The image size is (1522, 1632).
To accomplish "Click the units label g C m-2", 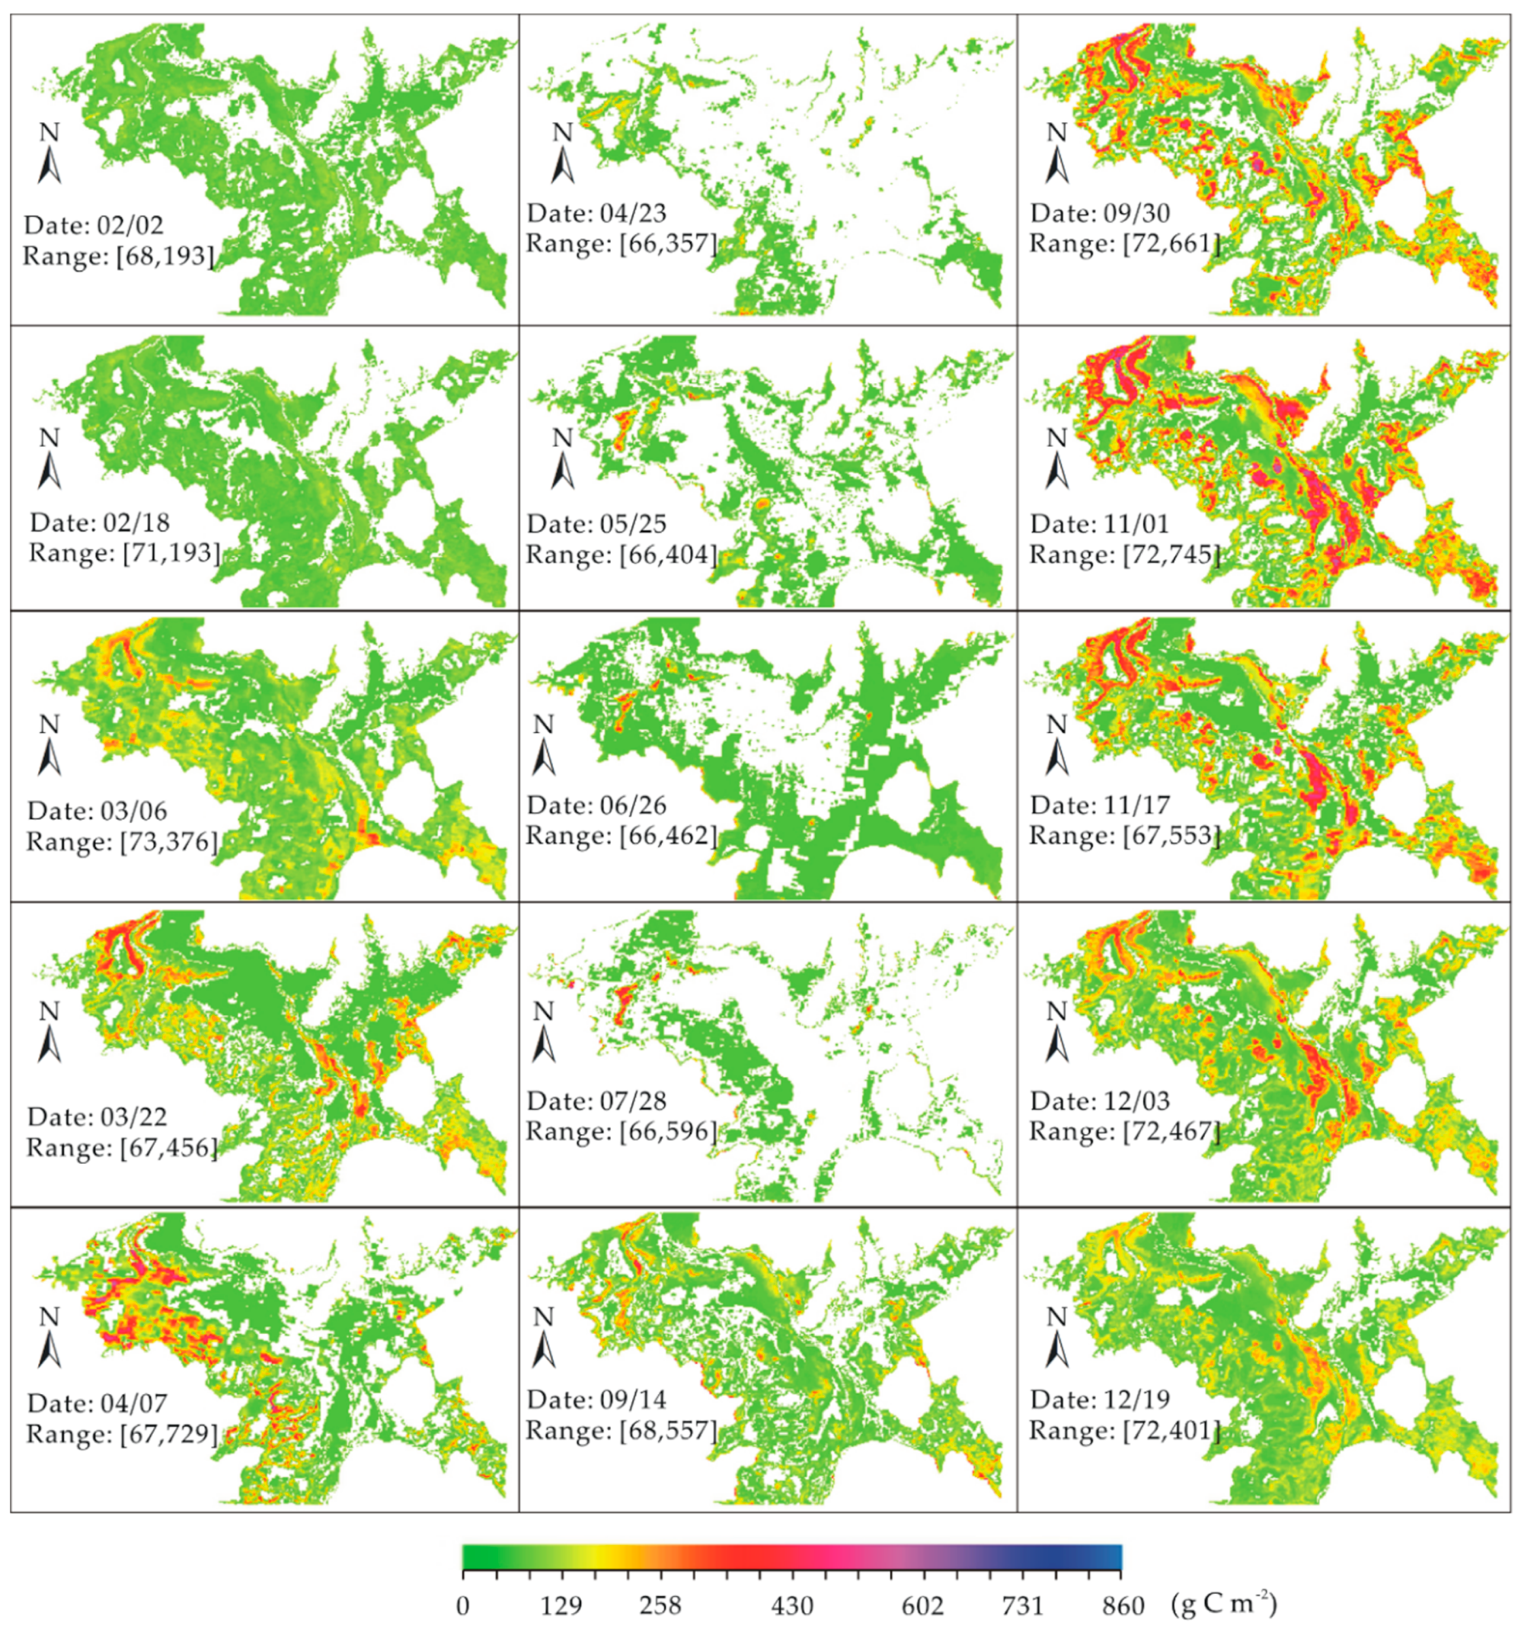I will coord(1223,1602).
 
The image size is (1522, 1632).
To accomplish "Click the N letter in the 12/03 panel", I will coord(1057,1011).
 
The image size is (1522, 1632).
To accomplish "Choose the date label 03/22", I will coord(97,1117).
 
